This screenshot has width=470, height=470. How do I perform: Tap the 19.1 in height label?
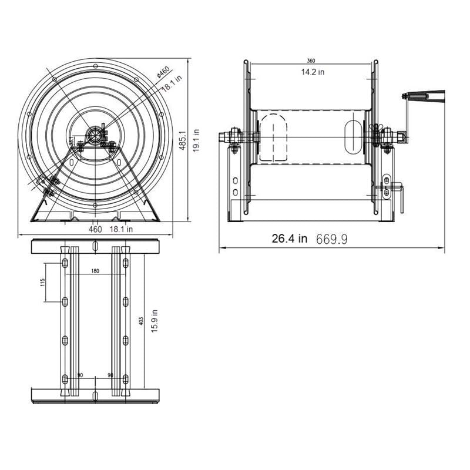point(198,140)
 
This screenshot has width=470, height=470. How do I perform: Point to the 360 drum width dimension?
point(311,61)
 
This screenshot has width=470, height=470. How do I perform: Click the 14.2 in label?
point(313,72)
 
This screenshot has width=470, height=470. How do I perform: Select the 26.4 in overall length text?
point(289,239)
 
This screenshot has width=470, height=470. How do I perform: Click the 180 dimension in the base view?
point(95,271)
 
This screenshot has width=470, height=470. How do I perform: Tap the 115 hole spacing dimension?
point(43,283)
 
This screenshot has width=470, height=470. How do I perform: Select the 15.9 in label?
point(154,321)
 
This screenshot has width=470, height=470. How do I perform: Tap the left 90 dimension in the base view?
point(80,374)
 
